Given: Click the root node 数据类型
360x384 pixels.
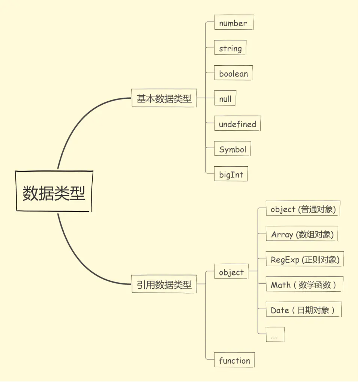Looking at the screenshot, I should coord(54,191).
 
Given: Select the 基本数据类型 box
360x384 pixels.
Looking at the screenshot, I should coord(164,98).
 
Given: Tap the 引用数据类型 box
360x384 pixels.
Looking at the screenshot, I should coord(164,284).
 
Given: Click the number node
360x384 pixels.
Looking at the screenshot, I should coord(234,23).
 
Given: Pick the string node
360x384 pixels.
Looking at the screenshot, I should coord(230,48).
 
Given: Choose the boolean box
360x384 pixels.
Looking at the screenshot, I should coord(233,73).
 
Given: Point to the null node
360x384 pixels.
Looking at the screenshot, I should coord(225,99).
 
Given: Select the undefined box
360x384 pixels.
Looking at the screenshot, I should coord(237,124).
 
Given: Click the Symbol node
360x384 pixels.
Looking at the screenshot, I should coord(232,149).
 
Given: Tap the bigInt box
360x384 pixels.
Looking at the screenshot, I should coord(231,174).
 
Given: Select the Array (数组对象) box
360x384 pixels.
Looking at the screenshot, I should coord(302,234).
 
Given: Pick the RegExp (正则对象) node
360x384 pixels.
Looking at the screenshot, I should coord(305,259).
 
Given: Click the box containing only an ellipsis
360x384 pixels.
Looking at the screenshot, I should coord(275,335).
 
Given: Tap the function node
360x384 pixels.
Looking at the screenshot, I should coord(234,360).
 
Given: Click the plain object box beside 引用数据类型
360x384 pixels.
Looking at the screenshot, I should coord(231,272).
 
